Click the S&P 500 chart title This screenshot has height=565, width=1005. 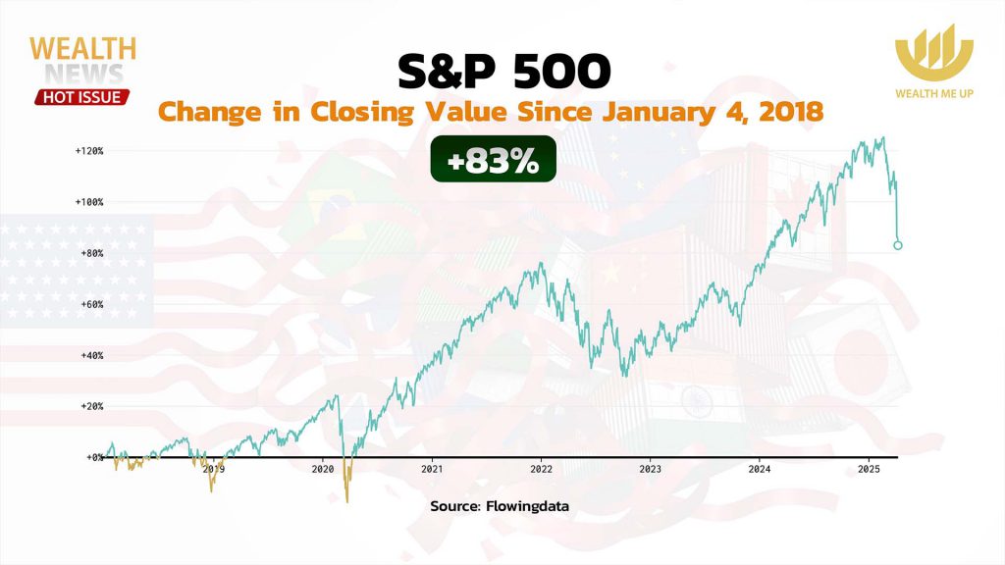pos(502,73)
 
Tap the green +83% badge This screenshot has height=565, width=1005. pos(493,160)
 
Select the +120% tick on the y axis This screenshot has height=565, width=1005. pos(88,151)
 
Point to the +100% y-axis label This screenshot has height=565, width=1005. pos(88,202)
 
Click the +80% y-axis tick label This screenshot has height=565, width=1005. pos(90,253)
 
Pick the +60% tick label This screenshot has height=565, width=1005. pos(90,304)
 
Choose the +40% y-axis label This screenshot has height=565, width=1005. pos(90,355)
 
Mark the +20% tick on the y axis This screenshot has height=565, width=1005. pos(90,406)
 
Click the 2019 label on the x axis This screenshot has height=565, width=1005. pos(214,470)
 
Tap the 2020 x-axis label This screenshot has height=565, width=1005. pos(323,470)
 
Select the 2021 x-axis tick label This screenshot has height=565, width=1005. pos(432,470)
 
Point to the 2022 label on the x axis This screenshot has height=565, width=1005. pos(541,470)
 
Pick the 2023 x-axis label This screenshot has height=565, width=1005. pos(650,470)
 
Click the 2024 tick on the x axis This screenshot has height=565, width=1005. pos(759,470)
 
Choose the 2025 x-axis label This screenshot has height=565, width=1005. pos(868,470)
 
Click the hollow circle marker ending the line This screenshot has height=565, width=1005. pos(898,245)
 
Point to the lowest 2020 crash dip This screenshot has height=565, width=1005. pos(347,502)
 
